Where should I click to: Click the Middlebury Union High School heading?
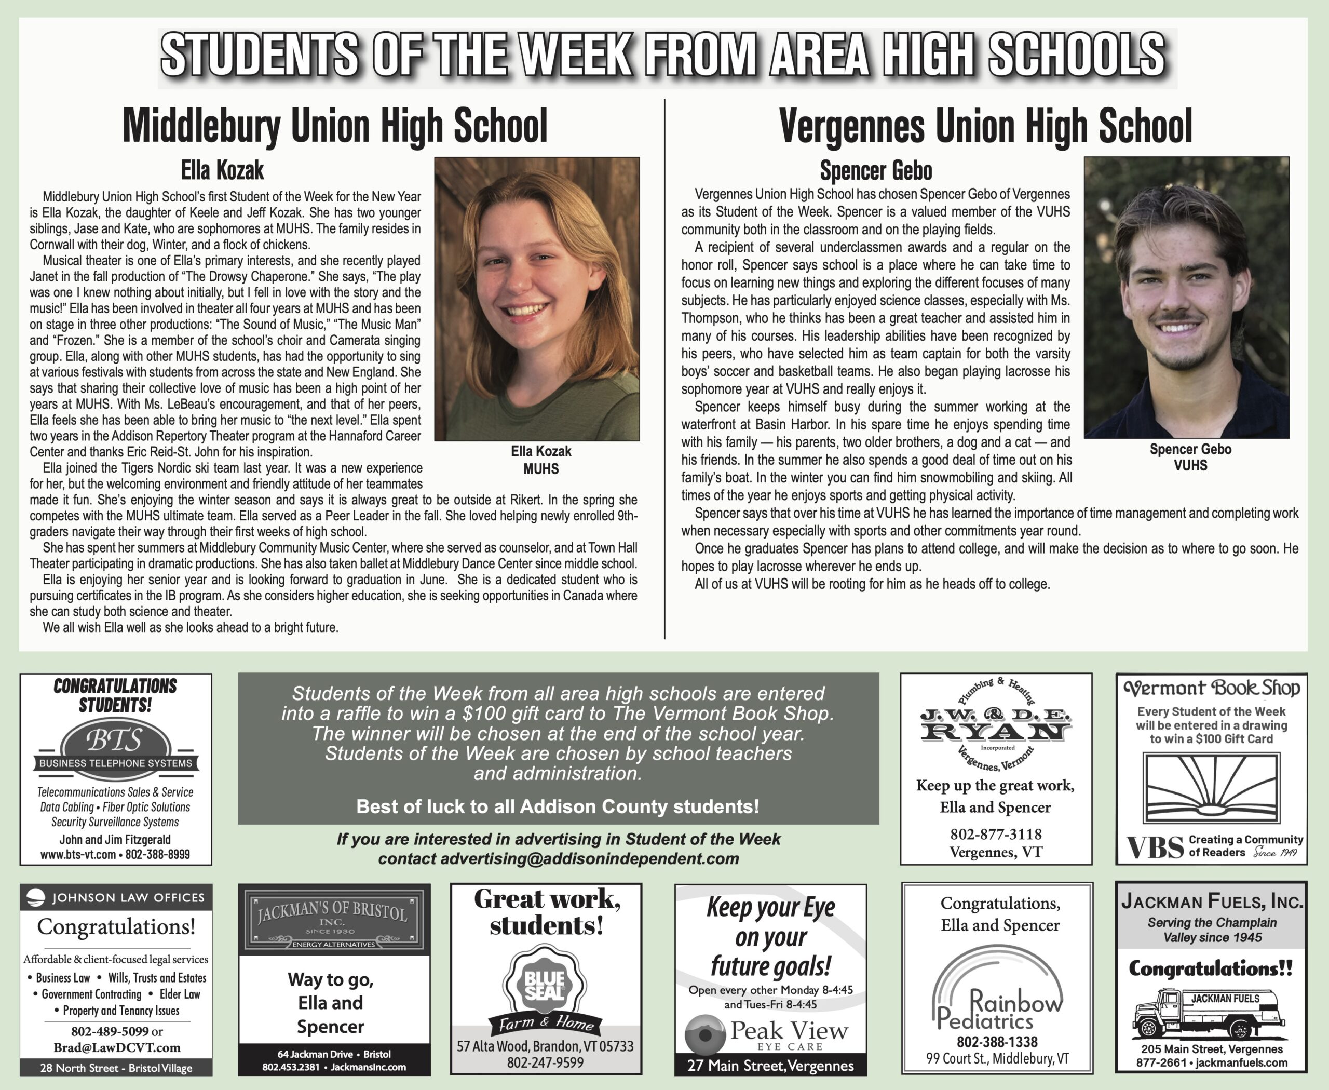click(x=335, y=126)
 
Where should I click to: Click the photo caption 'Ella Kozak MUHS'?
click(x=540, y=460)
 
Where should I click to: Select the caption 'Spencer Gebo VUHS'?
click(x=1190, y=457)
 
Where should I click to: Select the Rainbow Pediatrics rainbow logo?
click(x=998, y=989)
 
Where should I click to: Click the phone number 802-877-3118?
click(x=996, y=834)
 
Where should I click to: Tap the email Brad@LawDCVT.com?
click(x=117, y=1047)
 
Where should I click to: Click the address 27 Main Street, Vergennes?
click(x=770, y=1066)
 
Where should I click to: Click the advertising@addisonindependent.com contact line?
click(x=558, y=858)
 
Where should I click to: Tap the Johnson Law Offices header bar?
click(x=116, y=897)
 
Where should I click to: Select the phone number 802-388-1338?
click(x=997, y=1042)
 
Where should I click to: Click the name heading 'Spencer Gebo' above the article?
click(x=876, y=171)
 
